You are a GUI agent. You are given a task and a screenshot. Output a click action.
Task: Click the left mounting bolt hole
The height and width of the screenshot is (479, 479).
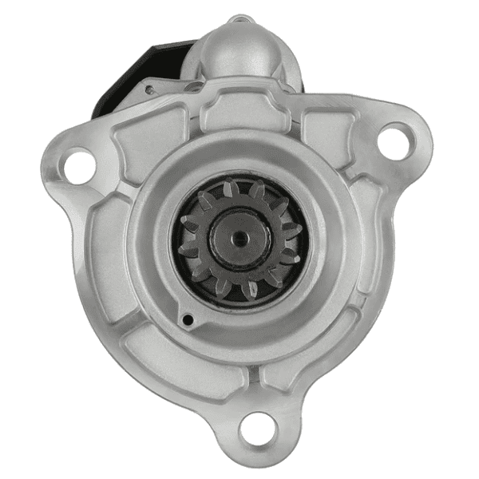(78, 166)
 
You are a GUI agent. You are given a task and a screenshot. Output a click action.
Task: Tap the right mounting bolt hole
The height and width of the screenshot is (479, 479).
(393, 142)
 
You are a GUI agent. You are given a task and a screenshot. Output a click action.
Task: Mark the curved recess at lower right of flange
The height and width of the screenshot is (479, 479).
(351, 319)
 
